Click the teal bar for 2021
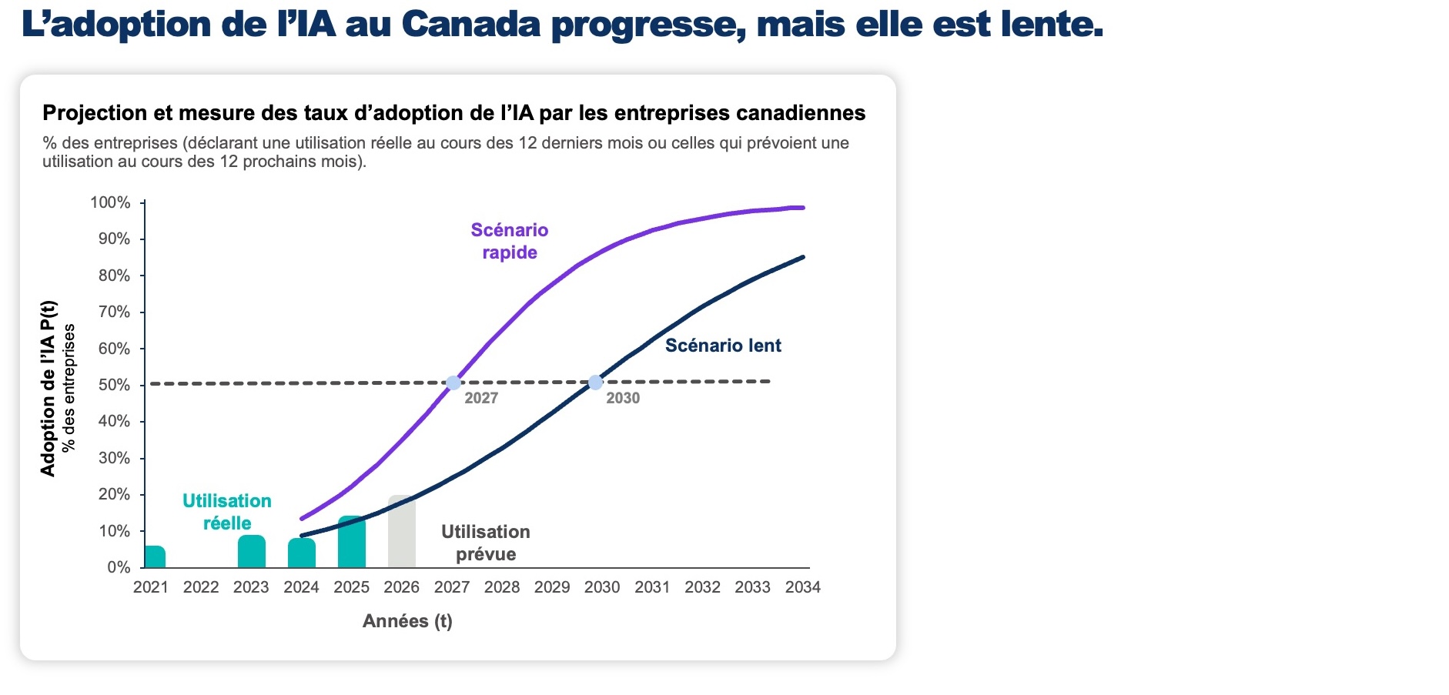click(155, 556)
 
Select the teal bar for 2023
click(252, 551)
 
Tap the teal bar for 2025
click(352, 542)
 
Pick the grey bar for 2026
click(402, 532)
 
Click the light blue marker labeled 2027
click(453, 383)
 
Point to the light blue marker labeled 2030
click(595, 383)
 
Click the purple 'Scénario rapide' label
click(510, 241)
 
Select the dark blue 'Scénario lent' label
click(723, 346)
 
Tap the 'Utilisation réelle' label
click(227, 512)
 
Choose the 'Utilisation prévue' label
click(486, 543)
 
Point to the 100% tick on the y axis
click(110, 202)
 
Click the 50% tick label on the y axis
click(114, 385)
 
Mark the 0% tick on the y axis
click(119, 567)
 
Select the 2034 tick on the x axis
click(802, 587)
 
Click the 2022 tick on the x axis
click(201, 587)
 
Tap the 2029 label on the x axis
click(552, 587)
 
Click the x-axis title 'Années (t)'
click(407, 621)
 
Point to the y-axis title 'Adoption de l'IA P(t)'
click(49, 389)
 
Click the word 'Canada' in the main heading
click(471, 25)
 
